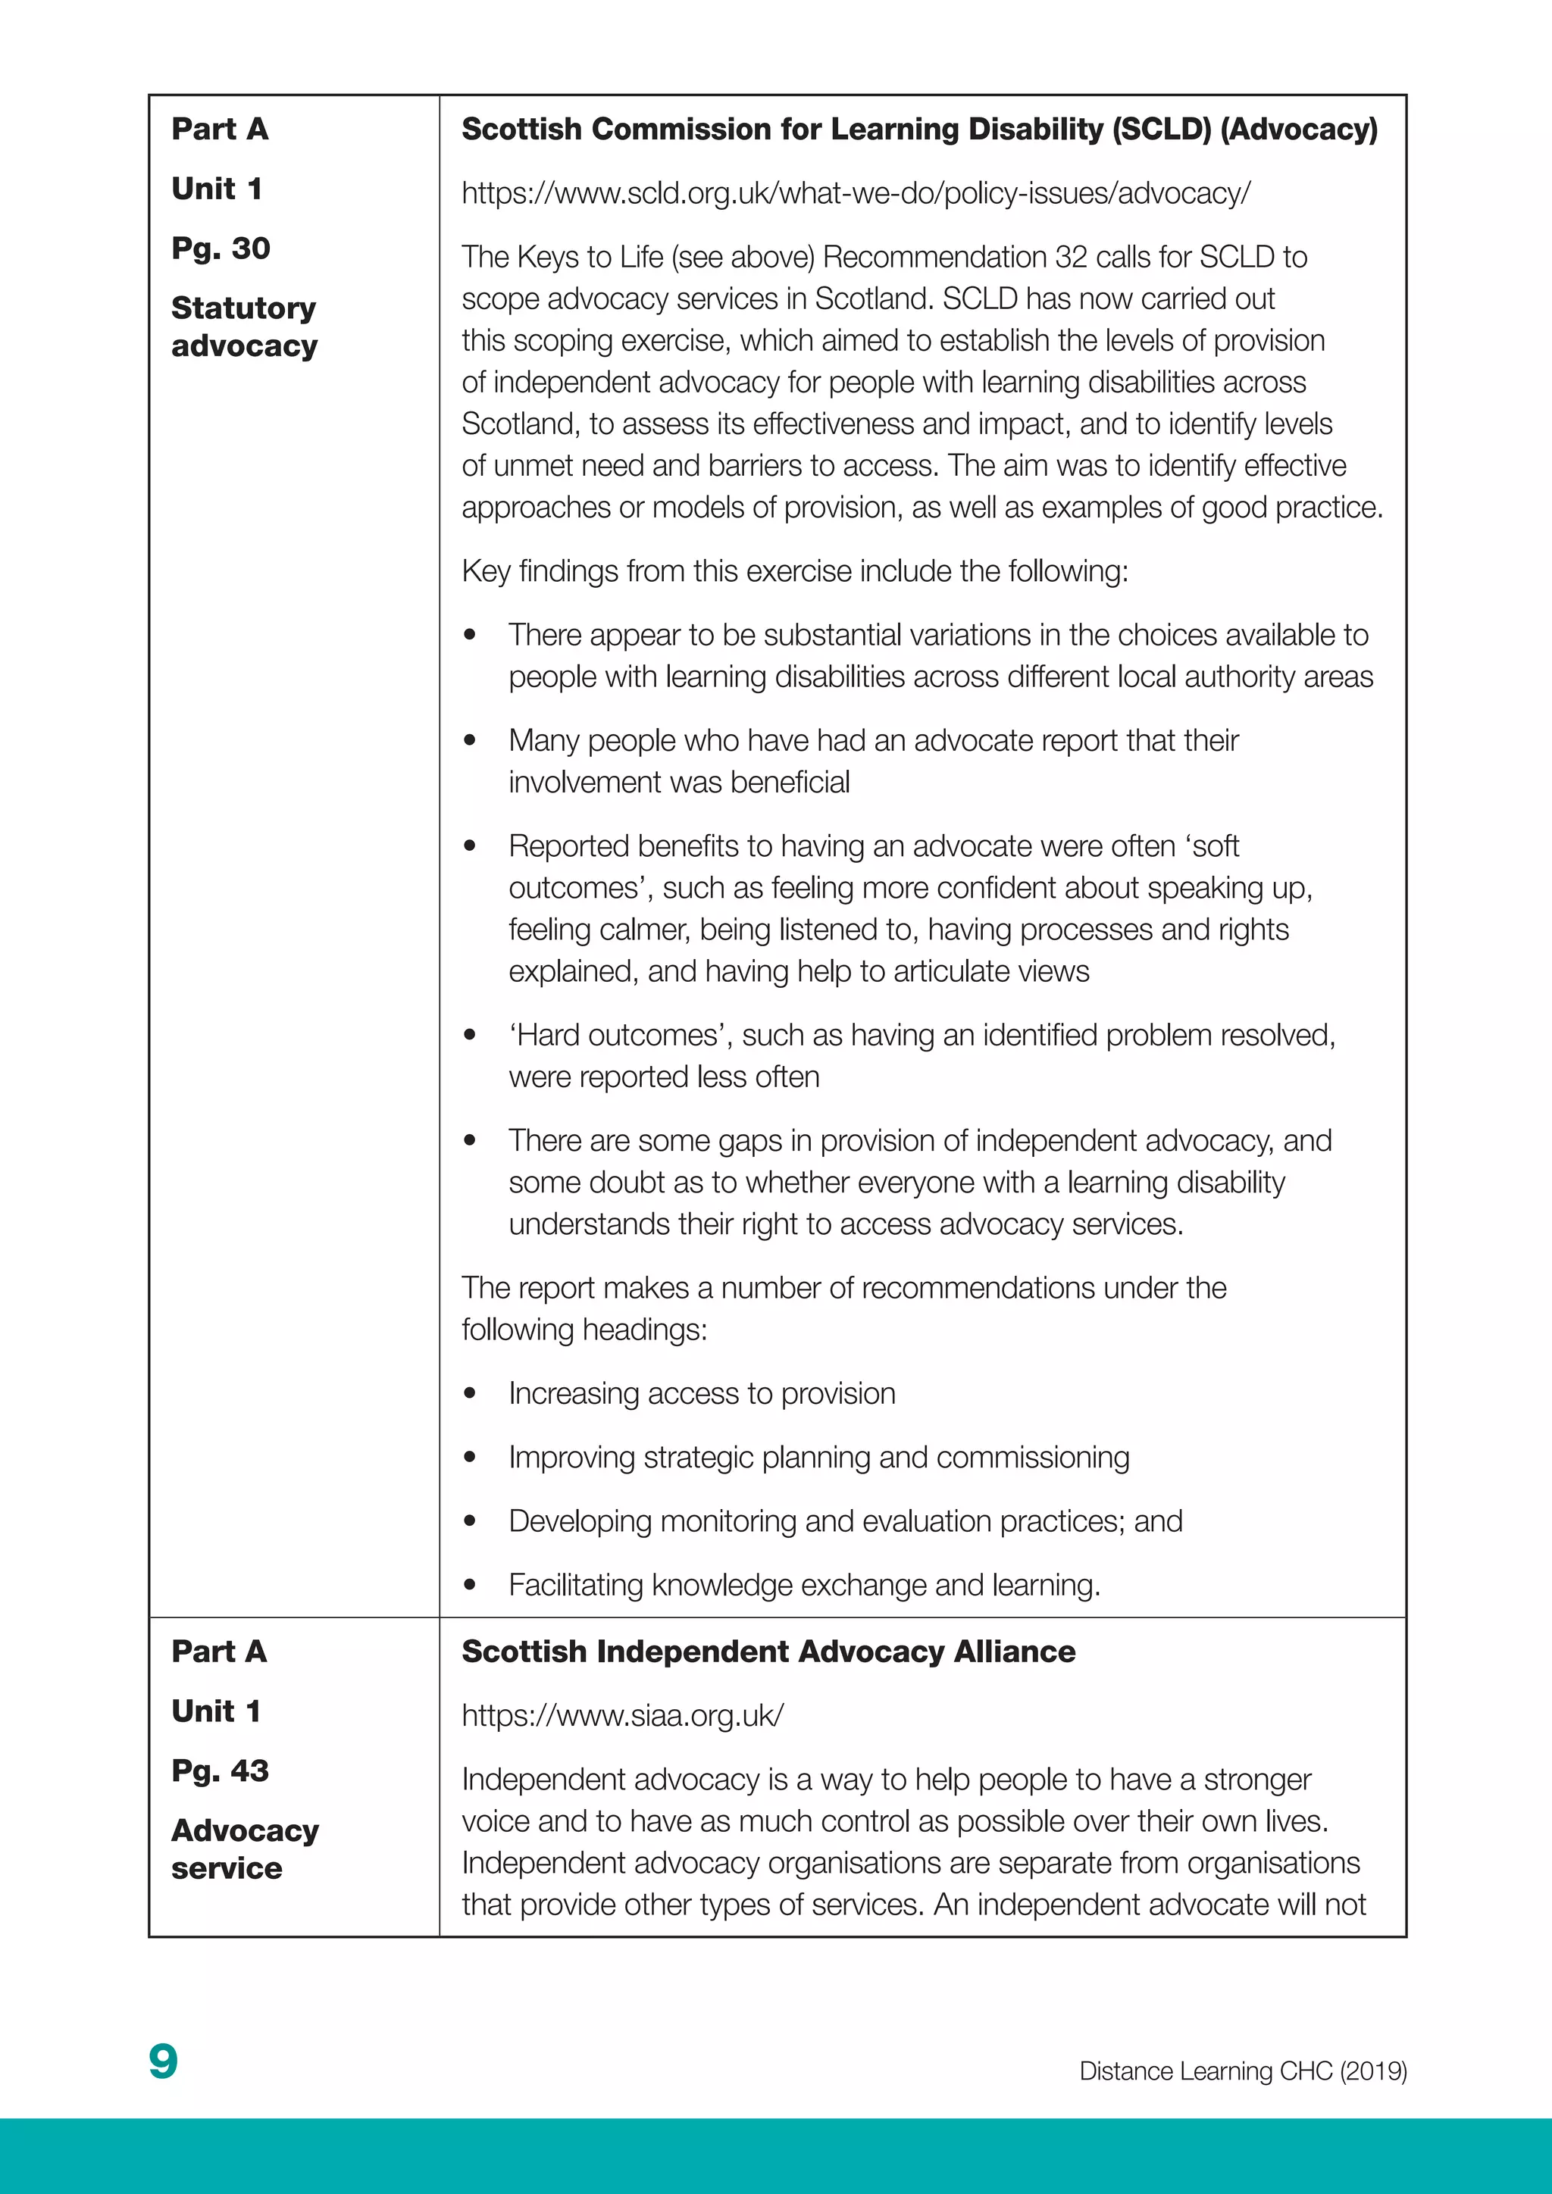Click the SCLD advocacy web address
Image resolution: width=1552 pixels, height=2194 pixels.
(856, 194)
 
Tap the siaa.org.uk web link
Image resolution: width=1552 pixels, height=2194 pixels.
(622, 1715)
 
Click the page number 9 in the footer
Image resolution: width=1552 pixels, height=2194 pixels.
(164, 2062)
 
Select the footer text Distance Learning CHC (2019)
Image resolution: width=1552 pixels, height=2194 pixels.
(1242, 2071)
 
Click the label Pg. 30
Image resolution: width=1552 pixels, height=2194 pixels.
(221, 248)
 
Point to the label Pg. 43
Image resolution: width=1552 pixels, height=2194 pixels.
(221, 1771)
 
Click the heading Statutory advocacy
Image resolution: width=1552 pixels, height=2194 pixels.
(244, 327)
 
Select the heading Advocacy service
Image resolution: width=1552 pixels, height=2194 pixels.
(245, 1849)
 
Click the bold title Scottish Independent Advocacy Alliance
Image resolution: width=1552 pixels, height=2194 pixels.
(768, 1652)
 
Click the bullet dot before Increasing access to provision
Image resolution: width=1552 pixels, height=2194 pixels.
(469, 1394)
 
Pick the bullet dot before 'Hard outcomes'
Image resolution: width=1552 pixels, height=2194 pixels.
(469, 1036)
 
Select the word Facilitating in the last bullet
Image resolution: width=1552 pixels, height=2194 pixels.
(575, 1586)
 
